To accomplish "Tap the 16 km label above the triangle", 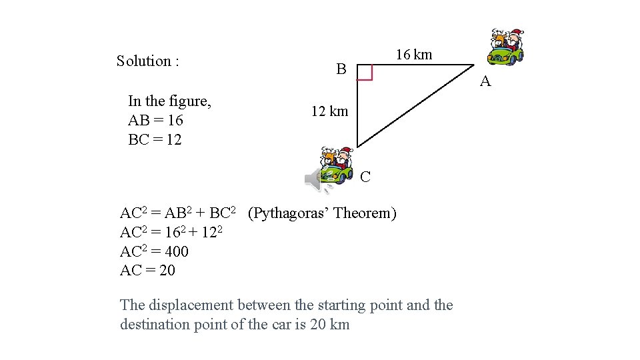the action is pyautogui.click(x=413, y=55).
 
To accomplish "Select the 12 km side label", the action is pyautogui.click(x=329, y=111).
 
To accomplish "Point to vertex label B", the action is pyautogui.click(x=341, y=69).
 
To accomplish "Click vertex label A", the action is pyautogui.click(x=485, y=82).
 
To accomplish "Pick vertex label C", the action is pyautogui.click(x=365, y=177).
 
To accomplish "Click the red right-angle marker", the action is pyautogui.click(x=364, y=73).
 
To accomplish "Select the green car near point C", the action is pyautogui.click(x=337, y=166).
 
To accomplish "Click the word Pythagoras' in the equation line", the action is pyautogui.click(x=288, y=213).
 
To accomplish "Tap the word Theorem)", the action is pyautogui.click(x=365, y=213).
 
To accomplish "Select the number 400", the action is pyautogui.click(x=176, y=252).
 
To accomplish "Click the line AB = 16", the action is pyautogui.click(x=155, y=121).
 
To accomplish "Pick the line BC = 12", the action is pyautogui.click(x=155, y=140).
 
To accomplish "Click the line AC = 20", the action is pyautogui.click(x=147, y=271).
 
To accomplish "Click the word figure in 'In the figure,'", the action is pyautogui.click(x=190, y=101).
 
